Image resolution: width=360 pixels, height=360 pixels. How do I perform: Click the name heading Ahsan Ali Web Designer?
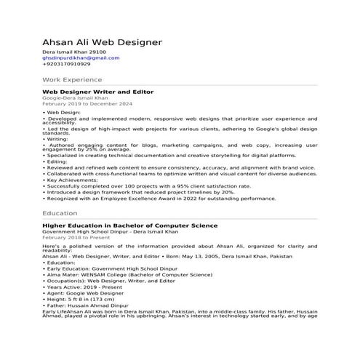pos(102,43)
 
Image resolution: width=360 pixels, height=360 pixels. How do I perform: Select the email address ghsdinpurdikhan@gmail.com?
pos(74,59)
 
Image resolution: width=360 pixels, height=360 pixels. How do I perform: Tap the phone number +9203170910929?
pos(66,65)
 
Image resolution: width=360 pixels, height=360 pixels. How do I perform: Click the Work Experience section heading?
pos(72,79)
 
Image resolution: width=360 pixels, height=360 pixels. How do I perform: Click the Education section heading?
pos(60,213)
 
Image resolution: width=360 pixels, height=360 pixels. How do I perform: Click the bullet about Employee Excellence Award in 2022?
pos(160,198)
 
